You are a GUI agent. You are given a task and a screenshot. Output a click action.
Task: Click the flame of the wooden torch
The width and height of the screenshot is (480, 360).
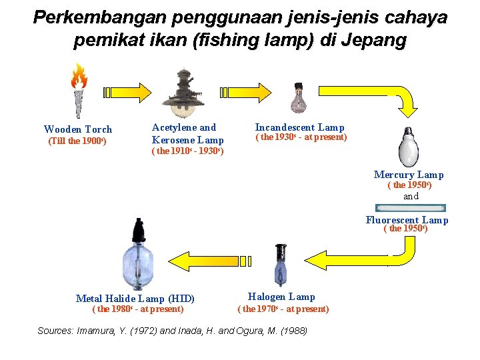coord(80,76)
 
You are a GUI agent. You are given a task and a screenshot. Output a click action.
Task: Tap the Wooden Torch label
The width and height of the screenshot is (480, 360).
coord(78,129)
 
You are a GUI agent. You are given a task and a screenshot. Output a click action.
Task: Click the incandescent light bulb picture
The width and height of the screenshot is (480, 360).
coord(298,98)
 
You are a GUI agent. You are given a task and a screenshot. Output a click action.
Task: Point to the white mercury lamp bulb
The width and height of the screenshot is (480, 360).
coord(408,147)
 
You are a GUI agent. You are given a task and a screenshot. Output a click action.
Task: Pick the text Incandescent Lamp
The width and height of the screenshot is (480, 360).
coord(299,127)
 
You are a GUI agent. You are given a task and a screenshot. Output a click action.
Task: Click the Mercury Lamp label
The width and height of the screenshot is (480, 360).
coord(409,175)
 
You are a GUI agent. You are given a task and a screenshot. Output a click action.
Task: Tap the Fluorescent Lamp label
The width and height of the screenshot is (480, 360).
coord(407,220)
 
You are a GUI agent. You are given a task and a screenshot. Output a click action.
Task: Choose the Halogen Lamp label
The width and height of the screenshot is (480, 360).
coord(281,297)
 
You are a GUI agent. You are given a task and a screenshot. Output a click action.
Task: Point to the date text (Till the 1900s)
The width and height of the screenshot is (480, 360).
coord(77,141)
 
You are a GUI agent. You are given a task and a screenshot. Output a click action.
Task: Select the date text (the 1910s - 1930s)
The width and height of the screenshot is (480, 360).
coord(187,151)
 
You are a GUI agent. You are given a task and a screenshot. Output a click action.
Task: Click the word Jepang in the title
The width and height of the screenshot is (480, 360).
coord(373,41)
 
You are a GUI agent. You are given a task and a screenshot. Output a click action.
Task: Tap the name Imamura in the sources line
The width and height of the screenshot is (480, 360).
coord(100,331)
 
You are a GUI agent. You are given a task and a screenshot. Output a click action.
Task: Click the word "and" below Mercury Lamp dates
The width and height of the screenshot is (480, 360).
coord(411,196)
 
